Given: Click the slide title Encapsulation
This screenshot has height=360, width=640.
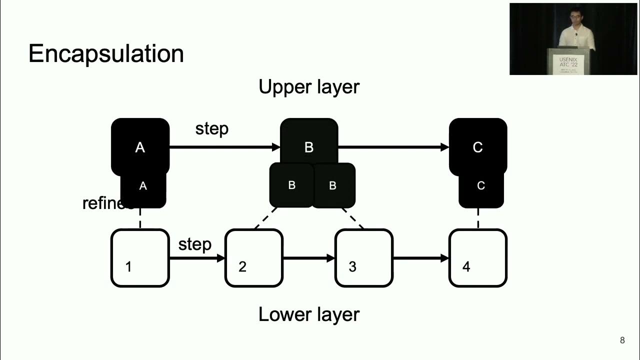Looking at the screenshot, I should click(x=106, y=53).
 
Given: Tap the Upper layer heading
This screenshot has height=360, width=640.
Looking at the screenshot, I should click(x=308, y=87).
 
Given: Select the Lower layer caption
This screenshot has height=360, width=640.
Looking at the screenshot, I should click(x=308, y=314).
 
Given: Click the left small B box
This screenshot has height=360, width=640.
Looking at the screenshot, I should click(x=291, y=185).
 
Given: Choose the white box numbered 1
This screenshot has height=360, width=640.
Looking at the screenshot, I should click(x=140, y=258).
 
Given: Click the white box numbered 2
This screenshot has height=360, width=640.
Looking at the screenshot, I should click(x=254, y=258).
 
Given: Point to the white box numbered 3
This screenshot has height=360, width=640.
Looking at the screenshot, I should click(x=363, y=258).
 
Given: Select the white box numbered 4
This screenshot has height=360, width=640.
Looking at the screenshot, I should click(x=478, y=258).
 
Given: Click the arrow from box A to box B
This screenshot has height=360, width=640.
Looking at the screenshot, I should click(x=224, y=147).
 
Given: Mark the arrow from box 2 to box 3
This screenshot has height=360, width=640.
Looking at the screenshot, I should click(x=308, y=258).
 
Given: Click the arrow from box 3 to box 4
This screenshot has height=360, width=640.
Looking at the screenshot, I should click(x=420, y=258).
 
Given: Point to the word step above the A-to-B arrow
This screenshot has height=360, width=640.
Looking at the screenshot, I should click(x=212, y=128).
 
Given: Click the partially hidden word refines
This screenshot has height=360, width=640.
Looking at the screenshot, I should click(x=102, y=203).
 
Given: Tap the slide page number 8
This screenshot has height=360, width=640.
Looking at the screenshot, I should click(x=622, y=340).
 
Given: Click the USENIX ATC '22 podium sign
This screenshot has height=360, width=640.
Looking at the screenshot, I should click(x=570, y=63).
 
